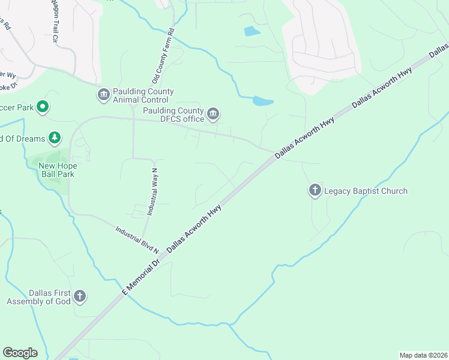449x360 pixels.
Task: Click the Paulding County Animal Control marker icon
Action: (x=103, y=94)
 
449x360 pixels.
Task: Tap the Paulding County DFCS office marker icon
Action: (x=213, y=113)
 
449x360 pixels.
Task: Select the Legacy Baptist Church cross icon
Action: (x=315, y=191)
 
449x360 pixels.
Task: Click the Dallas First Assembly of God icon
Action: (x=80, y=296)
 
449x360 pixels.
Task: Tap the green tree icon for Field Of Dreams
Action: (x=55, y=139)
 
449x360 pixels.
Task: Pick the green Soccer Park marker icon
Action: (x=42, y=107)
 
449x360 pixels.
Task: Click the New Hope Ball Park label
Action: (x=56, y=170)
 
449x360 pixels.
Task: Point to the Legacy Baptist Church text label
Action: (x=366, y=191)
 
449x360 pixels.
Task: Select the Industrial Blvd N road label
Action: (x=136, y=239)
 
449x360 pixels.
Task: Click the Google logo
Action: (x=20, y=353)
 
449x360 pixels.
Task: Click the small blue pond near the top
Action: (x=252, y=31)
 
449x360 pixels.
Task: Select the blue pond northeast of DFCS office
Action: (x=263, y=101)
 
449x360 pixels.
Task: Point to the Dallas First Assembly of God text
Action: (x=38, y=297)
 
